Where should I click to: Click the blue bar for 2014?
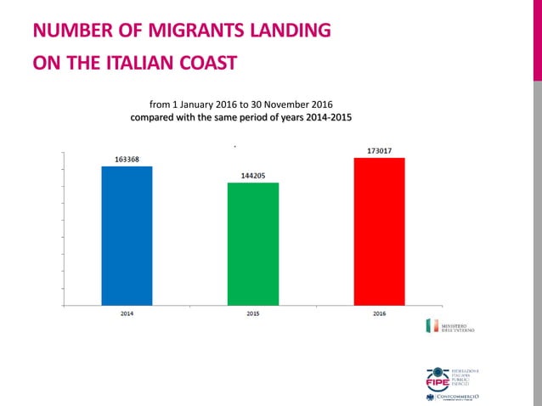click(127, 235)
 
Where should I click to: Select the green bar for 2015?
click(253, 243)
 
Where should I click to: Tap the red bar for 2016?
click(379, 231)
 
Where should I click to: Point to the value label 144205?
click(253, 176)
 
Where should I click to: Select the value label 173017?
click(379, 150)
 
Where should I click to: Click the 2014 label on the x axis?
click(127, 313)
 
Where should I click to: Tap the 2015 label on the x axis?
click(253, 313)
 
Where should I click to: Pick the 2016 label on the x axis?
click(379, 313)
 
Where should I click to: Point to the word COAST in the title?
click(206, 64)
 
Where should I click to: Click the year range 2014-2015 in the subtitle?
click(325, 117)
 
